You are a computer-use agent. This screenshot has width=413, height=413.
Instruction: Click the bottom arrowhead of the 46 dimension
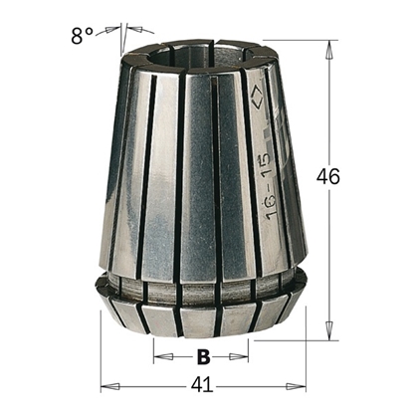(x=328, y=334)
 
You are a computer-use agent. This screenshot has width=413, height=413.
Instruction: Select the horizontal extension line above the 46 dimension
(x=299, y=40)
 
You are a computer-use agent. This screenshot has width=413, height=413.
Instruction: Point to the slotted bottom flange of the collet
(x=199, y=316)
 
